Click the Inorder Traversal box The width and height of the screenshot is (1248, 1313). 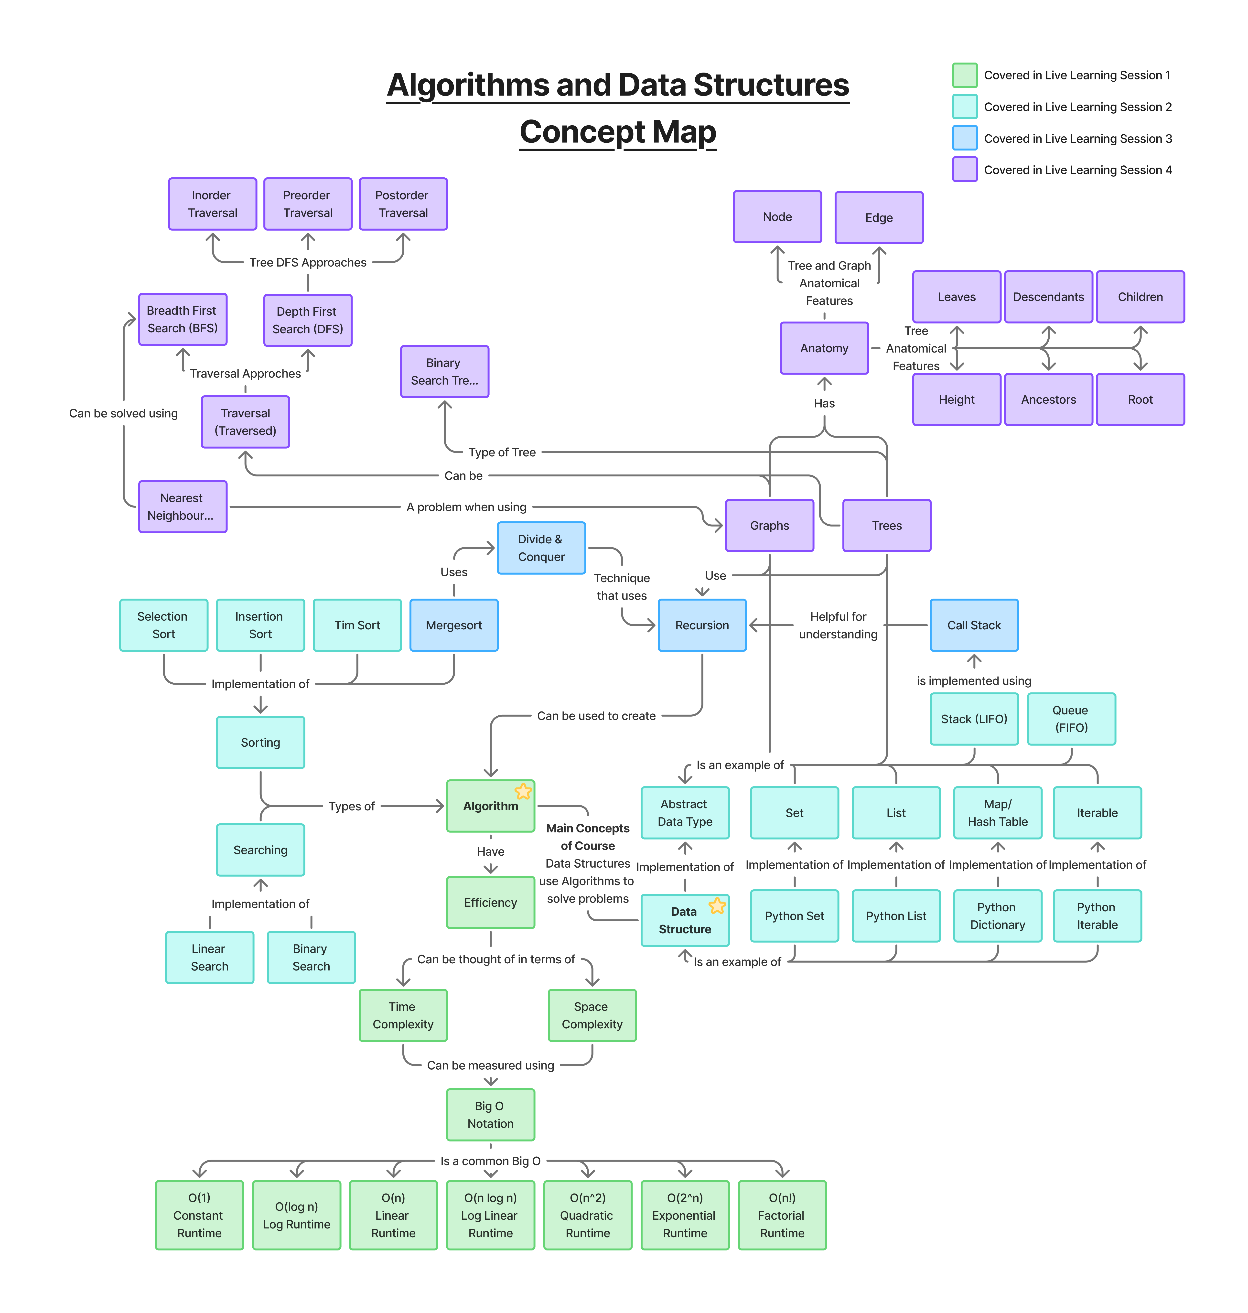[x=212, y=204]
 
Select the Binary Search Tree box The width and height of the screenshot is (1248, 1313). [x=444, y=371]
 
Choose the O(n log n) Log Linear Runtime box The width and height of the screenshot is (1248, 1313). [x=490, y=1215]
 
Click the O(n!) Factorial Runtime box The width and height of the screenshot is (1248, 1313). [x=782, y=1215]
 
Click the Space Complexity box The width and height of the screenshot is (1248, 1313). [x=592, y=1015]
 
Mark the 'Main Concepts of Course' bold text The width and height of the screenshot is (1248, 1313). [x=587, y=837]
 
